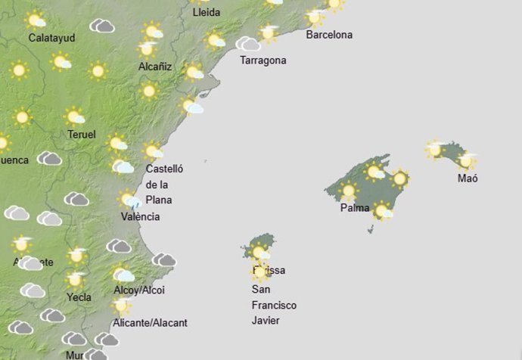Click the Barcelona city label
(x=329, y=35)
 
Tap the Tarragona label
(x=263, y=61)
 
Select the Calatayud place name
(x=51, y=38)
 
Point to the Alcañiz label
(x=155, y=67)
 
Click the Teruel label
(x=81, y=135)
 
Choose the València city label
(x=140, y=217)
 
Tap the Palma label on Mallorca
(x=355, y=208)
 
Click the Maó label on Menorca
(x=468, y=178)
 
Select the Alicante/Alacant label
(x=149, y=323)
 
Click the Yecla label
(x=79, y=297)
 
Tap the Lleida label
(x=206, y=13)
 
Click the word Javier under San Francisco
(x=266, y=321)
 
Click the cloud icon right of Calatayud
(x=101, y=26)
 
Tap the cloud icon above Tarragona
(x=247, y=44)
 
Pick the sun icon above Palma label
(x=348, y=190)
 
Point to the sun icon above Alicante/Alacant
(x=121, y=306)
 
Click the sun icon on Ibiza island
(x=259, y=252)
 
